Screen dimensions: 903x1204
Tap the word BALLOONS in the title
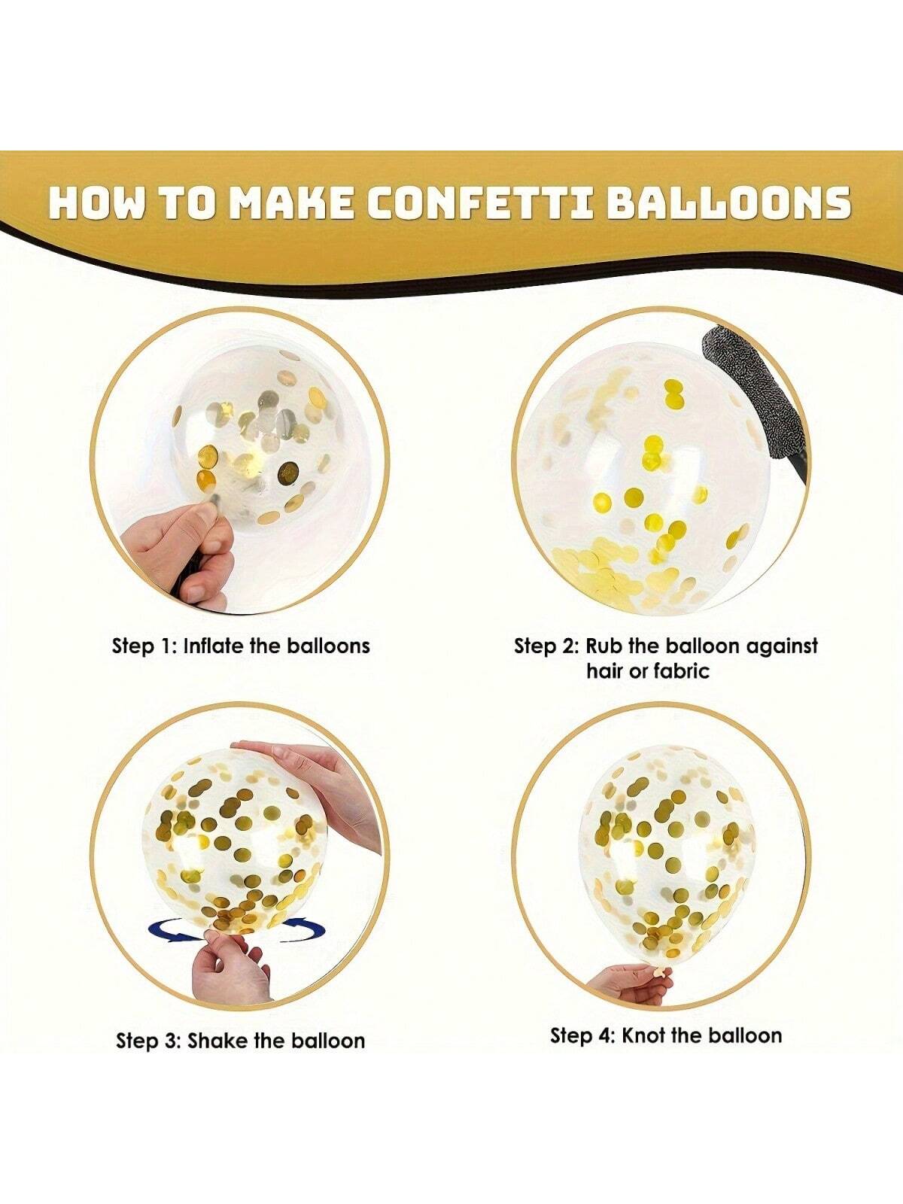click(x=730, y=203)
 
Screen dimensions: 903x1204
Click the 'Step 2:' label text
click(x=546, y=646)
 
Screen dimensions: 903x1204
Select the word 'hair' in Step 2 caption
click(x=605, y=670)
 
